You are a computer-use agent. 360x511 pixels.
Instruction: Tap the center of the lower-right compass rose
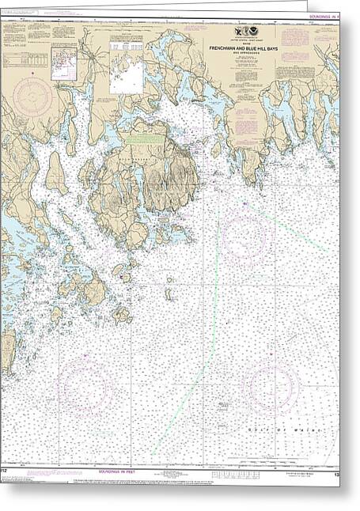click(272, 387)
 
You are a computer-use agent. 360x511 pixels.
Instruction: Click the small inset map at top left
click(64, 62)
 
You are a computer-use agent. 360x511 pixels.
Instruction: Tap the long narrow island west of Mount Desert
click(56, 173)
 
